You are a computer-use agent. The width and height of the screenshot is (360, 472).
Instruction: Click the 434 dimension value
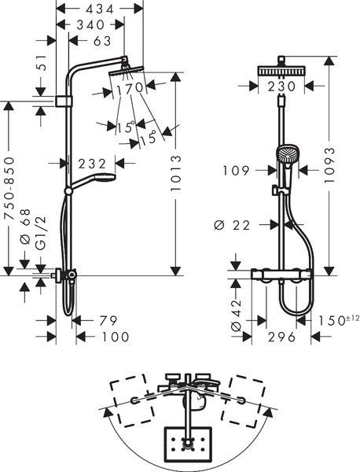click(x=100, y=9)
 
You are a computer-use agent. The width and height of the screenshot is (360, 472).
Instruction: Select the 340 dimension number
click(x=90, y=24)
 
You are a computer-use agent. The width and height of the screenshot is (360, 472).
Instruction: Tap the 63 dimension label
click(x=102, y=41)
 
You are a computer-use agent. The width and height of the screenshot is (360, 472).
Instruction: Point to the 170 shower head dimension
click(x=130, y=88)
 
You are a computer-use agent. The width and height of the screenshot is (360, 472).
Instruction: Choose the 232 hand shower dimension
click(x=92, y=164)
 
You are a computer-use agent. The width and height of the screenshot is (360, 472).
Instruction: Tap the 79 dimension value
click(x=108, y=321)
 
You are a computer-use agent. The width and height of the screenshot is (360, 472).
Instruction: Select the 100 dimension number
click(x=116, y=337)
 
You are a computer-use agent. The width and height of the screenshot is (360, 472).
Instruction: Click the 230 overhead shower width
click(x=282, y=87)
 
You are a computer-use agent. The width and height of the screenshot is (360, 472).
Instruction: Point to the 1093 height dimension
click(x=329, y=164)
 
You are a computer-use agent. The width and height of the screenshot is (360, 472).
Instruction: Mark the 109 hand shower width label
click(x=237, y=171)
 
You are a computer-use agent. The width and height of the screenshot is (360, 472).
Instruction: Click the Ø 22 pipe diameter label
click(x=232, y=225)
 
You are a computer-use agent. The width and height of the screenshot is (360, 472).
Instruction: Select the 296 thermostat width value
click(x=282, y=337)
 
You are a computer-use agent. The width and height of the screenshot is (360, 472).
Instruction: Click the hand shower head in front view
click(x=287, y=153)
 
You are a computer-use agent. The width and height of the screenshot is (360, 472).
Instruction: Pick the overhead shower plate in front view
click(x=281, y=72)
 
